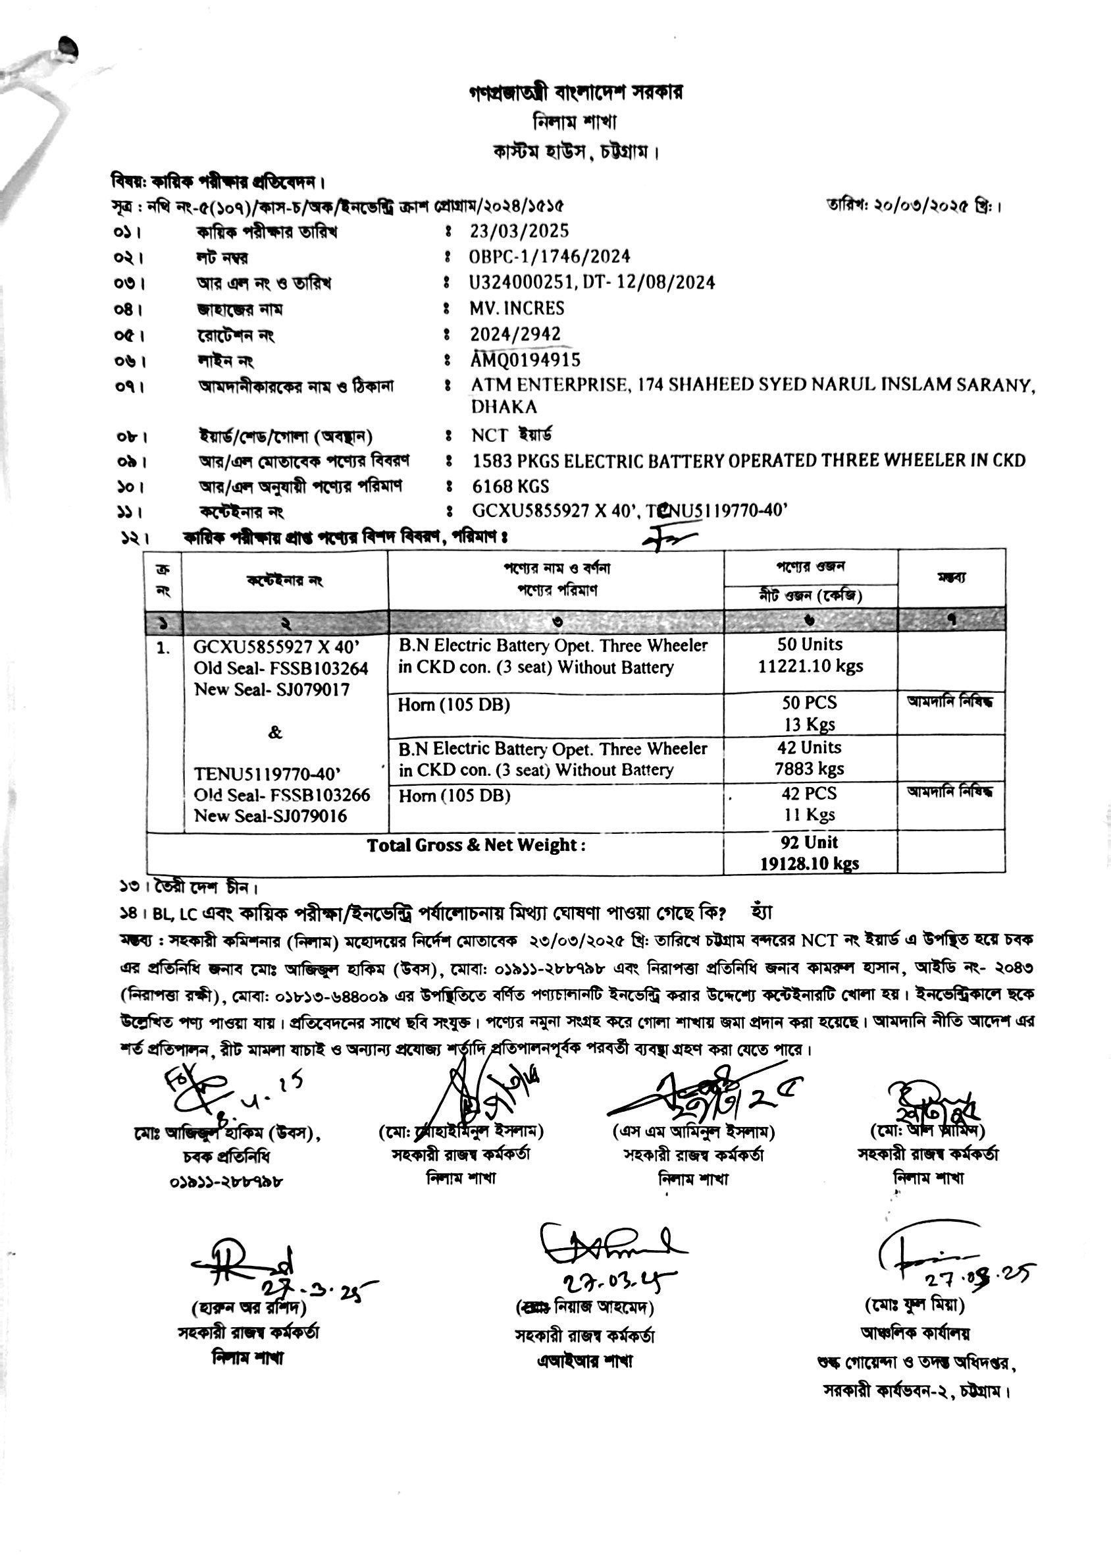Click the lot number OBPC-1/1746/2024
tap(550, 257)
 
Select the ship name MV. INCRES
tap(517, 308)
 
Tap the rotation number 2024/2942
tap(515, 334)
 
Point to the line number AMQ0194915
tap(525, 360)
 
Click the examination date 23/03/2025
tap(519, 231)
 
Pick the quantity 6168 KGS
tap(510, 487)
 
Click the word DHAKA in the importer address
tap(504, 407)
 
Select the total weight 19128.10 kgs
tap(810, 863)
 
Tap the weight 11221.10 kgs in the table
tap(810, 666)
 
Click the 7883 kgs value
tap(810, 769)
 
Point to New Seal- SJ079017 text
tap(272, 690)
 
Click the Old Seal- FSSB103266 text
tap(282, 794)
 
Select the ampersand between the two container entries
tap(275, 733)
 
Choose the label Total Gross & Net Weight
tap(475, 845)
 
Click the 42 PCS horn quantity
tap(810, 793)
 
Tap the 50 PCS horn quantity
tap(810, 702)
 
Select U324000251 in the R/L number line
tap(523, 283)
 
